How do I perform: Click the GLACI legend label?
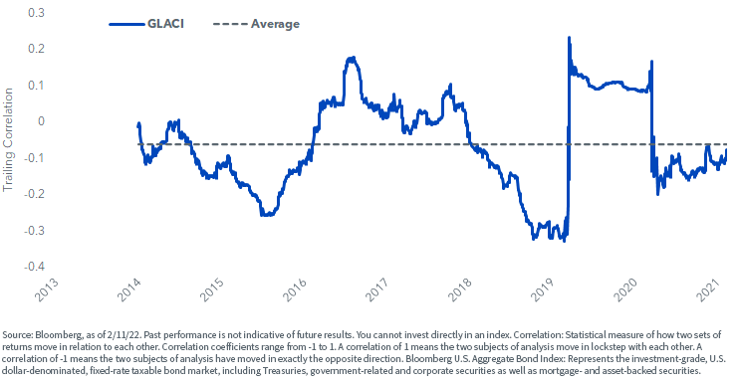[165, 24]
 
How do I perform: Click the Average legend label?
[275, 24]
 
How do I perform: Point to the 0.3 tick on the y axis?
[36, 12]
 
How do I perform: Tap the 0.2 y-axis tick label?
[36, 49]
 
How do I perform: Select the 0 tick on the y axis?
[42, 121]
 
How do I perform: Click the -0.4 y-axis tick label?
[34, 267]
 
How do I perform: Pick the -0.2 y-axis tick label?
[34, 194]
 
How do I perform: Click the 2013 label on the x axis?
[47, 289]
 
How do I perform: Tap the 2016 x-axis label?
[294, 289]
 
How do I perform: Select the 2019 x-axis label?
[542, 289]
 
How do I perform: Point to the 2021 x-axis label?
[708, 289]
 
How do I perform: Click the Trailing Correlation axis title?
[8, 139]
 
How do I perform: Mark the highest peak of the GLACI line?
[569, 37]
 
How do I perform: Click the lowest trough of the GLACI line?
[564, 241]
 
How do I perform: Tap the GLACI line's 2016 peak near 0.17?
[352, 58]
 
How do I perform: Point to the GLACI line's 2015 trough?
[266, 215]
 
